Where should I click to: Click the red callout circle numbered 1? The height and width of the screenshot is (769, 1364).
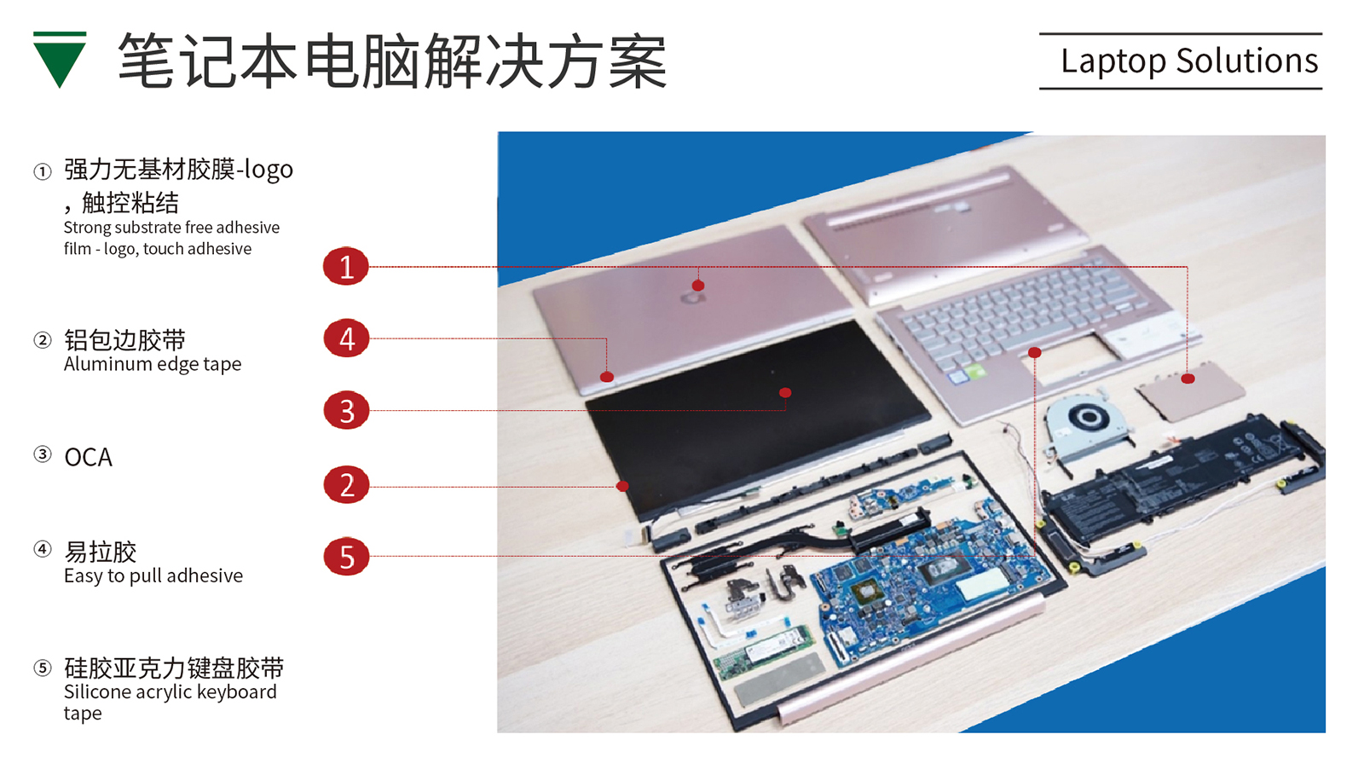click(x=346, y=266)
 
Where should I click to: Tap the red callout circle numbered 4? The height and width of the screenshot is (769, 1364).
click(x=346, y=338)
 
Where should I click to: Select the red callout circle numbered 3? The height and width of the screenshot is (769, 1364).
click(x=346, y=410)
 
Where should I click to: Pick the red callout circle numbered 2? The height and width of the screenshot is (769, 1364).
click(x=346, y=484)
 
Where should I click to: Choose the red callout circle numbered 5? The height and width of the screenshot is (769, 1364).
click(x=346, y=557)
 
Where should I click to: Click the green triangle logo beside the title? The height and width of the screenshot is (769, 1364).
click(x=60, y=60)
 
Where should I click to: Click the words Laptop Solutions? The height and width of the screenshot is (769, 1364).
click(x=1189, y=61)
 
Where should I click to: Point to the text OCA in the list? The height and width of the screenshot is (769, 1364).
click(x=89, y=458)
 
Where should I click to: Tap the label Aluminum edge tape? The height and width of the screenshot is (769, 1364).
click(x=153, y=364)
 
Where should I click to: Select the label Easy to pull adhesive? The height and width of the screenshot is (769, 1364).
click(x=153, y=576)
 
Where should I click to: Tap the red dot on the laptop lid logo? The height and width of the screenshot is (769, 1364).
click(x=698, y=286)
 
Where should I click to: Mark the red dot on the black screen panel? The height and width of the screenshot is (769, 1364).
click(x=785, y=393)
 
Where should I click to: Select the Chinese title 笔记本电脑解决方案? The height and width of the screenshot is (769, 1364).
click(x=393, y=61)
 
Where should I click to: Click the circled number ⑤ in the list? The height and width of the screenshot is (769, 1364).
click(x=42, y=668)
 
